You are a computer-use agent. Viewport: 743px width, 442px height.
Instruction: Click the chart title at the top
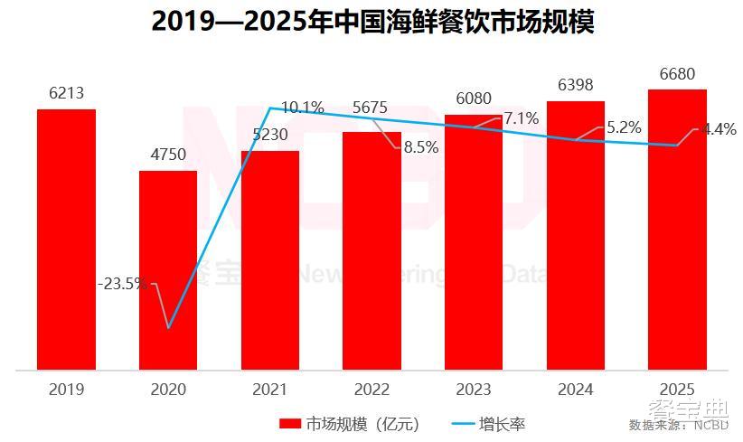click(371, 21)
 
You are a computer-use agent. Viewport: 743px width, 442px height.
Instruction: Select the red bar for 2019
click(66, 240)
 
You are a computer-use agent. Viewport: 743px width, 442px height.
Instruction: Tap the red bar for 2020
click(168, 270)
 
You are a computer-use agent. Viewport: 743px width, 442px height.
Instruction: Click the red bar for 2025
click(677, 230)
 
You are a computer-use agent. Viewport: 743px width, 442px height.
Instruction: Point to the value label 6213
click(66, 93)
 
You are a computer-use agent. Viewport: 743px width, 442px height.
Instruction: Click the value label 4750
click(168, 155)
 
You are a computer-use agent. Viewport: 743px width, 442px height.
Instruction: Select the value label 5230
click(269, 134)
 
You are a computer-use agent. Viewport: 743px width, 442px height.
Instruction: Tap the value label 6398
click(575, 85)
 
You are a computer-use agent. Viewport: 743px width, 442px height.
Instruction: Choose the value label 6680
click(677, 73)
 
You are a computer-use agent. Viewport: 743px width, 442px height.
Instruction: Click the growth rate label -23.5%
click(122, 284)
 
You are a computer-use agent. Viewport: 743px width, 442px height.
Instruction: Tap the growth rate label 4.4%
click(719, 129)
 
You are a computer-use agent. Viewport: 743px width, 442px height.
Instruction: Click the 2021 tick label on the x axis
click(269, 390)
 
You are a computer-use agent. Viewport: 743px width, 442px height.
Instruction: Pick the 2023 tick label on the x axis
click(473, 390)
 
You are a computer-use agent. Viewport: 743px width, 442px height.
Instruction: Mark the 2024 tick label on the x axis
click(575, 390)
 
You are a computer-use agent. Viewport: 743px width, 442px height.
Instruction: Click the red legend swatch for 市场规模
click(289, 424)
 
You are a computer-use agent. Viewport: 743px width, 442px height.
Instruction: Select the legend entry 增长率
click(503, 424)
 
